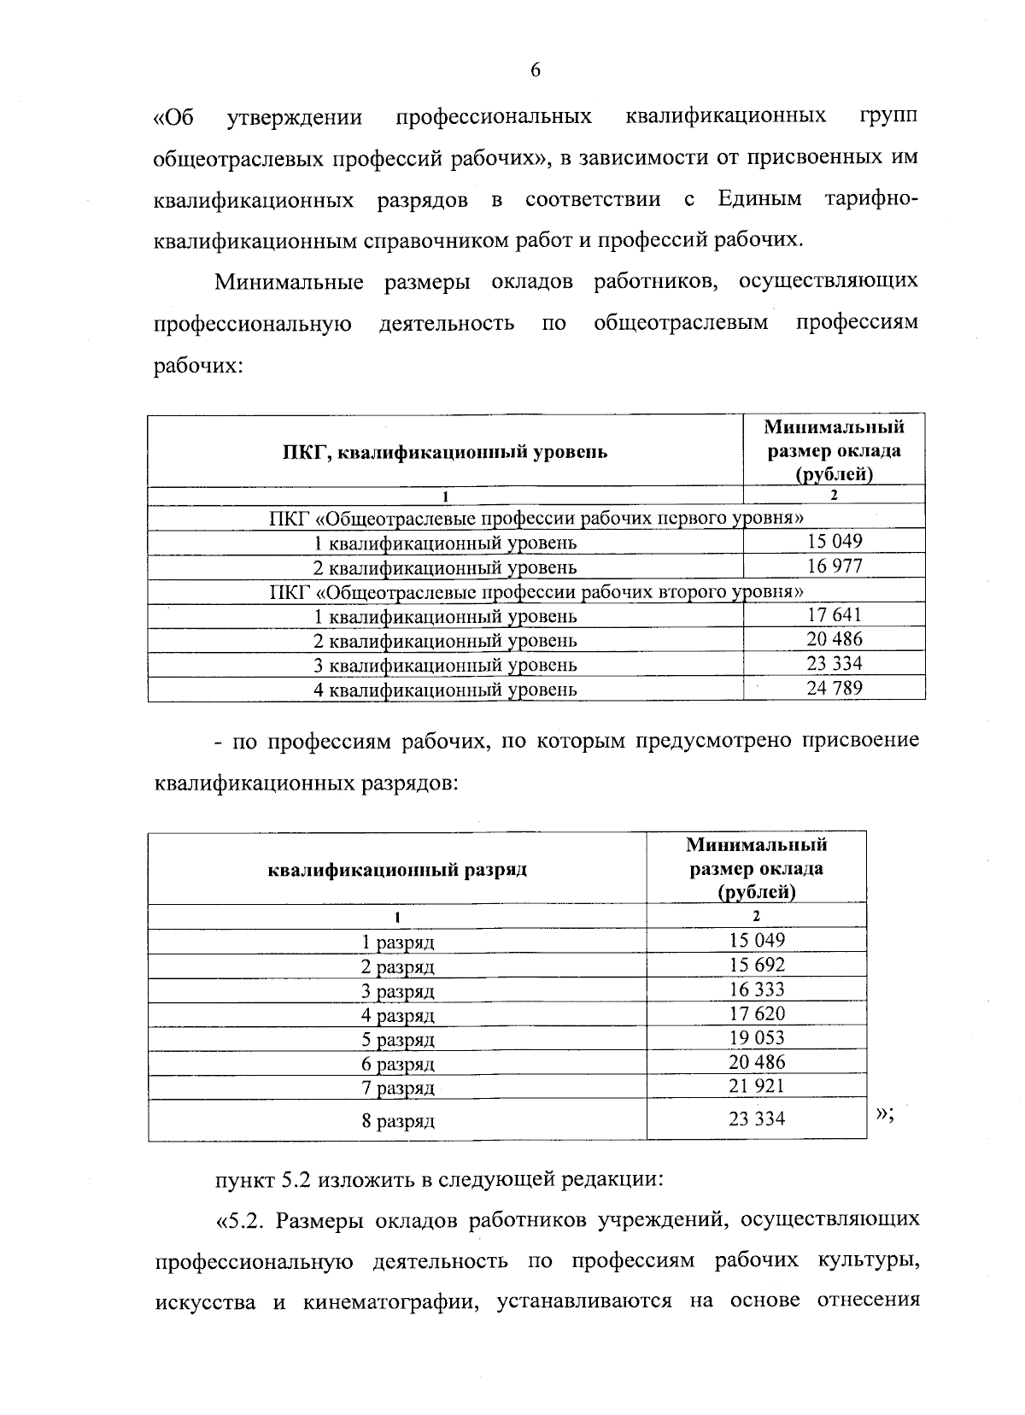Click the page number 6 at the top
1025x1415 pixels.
(536, 71)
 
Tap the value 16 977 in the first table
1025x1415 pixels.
(834, 566)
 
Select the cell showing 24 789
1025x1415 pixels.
(834, 688)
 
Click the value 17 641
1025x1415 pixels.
(834, 615)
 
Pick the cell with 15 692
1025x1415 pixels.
(756, 965)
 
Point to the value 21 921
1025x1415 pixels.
(756, 1086)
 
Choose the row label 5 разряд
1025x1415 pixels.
(397, 1040)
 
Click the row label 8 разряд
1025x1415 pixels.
(397, 1121)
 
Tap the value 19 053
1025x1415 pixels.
(756, 1037)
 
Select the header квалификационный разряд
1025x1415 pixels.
(397, 870)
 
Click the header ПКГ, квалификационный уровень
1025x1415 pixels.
(445, 452)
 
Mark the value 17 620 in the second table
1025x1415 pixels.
(756, 1013)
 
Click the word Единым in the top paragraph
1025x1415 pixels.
(759, 200)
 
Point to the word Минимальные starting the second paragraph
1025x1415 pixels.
(289, 282)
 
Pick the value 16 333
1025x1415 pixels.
(756, 989)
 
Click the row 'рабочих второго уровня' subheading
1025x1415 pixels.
(536, 591)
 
